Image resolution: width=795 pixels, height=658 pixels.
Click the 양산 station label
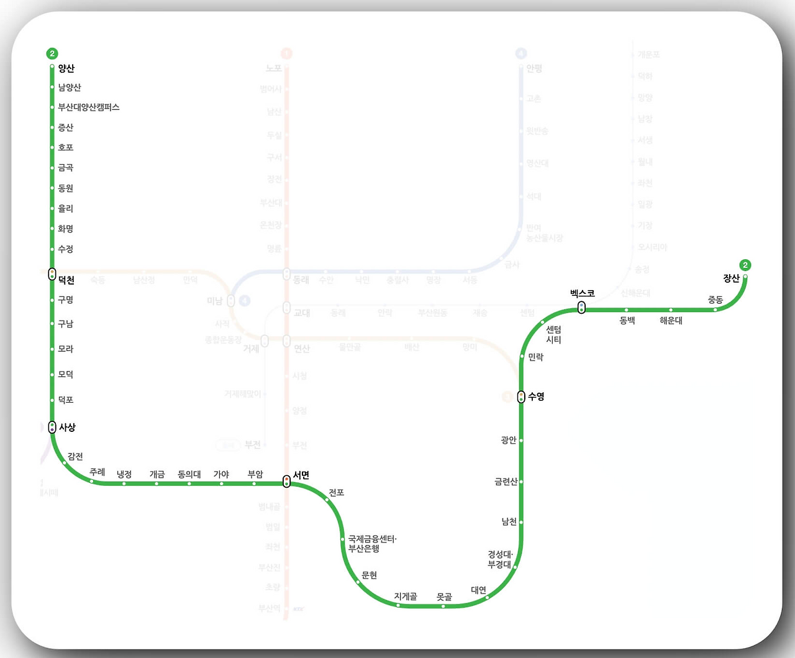coord(66,68)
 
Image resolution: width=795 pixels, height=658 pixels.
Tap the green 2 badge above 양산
coord(52,53)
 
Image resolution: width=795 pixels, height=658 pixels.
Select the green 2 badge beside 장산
coord(745,265)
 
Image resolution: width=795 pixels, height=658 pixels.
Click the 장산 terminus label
coord(732,278)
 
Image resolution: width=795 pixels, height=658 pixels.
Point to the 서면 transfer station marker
coord(286,482)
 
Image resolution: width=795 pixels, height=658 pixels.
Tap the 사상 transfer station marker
coord(52,427)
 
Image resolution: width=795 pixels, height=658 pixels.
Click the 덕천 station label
coord(66,280)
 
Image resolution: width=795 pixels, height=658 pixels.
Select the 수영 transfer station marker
coord(521,396)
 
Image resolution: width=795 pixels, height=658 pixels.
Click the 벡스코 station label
coord(583,293)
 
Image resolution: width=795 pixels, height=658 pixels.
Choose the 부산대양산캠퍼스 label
coord(89,107)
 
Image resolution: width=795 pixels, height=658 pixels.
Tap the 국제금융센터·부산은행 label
coord(372,544)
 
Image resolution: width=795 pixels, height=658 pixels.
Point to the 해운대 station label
coord(671,321)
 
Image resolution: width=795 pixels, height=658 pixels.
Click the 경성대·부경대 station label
coord(500,559)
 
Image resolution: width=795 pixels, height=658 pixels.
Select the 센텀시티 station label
coord(553,334)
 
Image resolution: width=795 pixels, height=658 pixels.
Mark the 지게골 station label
coord(406,596)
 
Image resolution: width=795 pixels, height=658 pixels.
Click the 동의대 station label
coord(189,474)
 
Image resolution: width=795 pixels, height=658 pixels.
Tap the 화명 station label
coord(66,229)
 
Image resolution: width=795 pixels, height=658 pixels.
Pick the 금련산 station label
coord(506,482)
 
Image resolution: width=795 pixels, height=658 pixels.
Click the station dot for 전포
coord(327,500)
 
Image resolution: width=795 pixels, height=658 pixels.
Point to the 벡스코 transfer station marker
coord(581,308)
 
